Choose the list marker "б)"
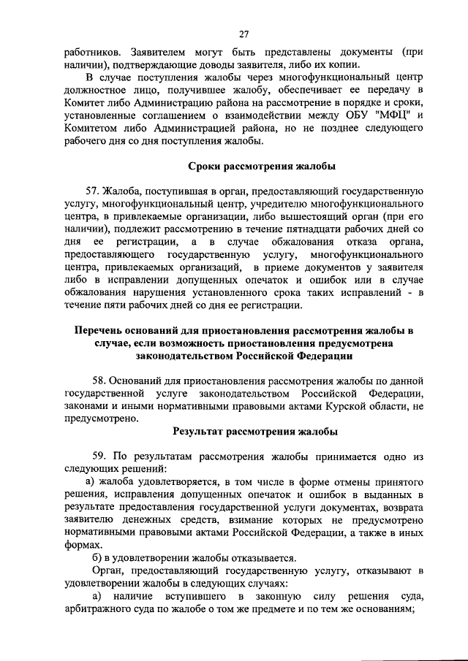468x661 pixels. point(93,558)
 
